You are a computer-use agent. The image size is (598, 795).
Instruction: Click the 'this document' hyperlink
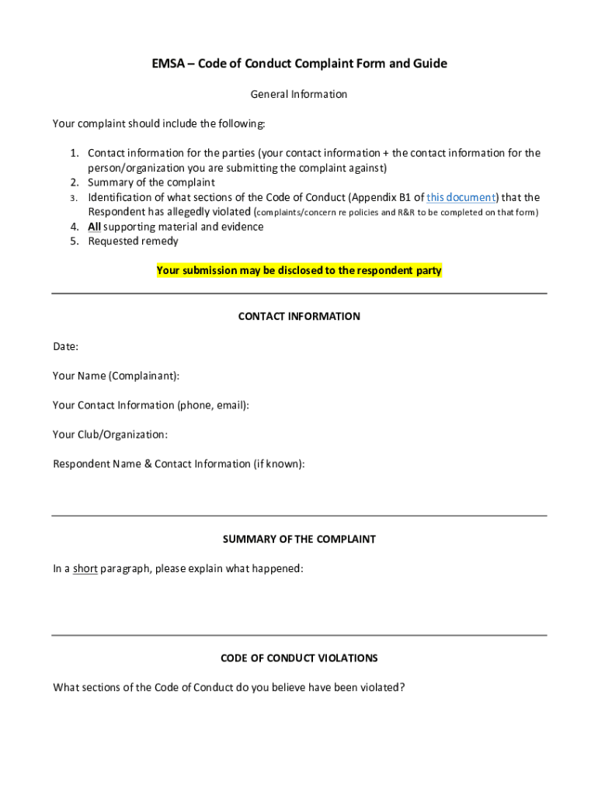pyautogui.click(x=461, y=197)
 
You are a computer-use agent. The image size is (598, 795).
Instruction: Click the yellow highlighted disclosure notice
pyautogui.click(x=299, y=271)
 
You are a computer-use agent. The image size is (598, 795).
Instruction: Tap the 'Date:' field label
pyautogui.click(x=65, y=346)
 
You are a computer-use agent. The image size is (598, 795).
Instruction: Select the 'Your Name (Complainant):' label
pyautogui.click(x=116, y=376)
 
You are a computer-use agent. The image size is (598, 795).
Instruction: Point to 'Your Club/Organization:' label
pyautogui.click(x=110, y=435)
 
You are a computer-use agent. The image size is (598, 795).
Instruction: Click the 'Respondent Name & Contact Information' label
pyautogui.click(x=179, y=464)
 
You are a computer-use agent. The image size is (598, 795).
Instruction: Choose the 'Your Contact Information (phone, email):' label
pyautogui.click(x=151, y=405)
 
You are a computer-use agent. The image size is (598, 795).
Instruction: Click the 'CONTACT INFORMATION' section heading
pyautogui.click(x=299, y=317)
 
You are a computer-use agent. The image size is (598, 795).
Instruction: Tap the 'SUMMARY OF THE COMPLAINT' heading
pyautogui.click(x=299, y=539)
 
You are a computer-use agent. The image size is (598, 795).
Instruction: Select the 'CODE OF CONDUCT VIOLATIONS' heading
pyautogui.click(x=299, y=658)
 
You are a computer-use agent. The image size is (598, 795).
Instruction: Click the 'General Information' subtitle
pyautogui.click(x=299, y=95)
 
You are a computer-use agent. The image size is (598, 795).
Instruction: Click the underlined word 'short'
pyautogui.click(x=85, y=569)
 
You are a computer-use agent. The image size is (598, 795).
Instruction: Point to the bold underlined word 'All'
pyautogui.click(x=94, y=227)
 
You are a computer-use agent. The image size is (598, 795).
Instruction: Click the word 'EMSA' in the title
pyautogui.click(x=168, y=64)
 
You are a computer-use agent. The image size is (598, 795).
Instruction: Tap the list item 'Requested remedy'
pyautogui.click(x=133, y=241)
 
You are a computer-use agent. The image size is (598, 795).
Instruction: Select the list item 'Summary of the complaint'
pyautogui.click(x=151, y=182)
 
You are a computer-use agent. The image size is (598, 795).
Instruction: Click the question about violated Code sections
pyautogui.click(x=228, y=687)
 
